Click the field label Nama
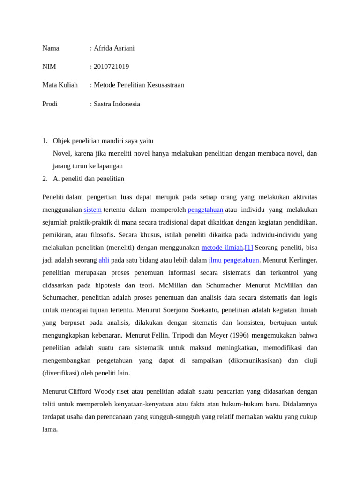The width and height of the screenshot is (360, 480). (51, 48)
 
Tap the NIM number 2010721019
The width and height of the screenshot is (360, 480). (111, 67)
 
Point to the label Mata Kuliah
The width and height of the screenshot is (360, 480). (60, 85)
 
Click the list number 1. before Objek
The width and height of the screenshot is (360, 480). (45, 141)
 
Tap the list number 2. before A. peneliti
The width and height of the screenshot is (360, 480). (45, 178)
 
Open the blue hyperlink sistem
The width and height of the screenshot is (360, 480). (92, 210)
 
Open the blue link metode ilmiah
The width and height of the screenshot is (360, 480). (222, 247)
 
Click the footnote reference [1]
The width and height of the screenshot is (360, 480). (248, 247)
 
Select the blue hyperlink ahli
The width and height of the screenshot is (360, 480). (104, 260)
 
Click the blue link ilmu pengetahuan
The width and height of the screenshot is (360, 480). (233, 260)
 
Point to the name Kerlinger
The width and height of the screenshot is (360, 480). (301, 260)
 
